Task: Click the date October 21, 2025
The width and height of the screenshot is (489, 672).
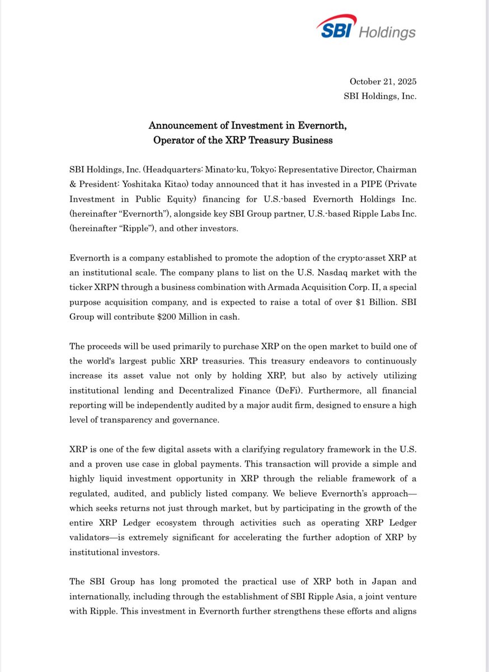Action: (x=383, y=82)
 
